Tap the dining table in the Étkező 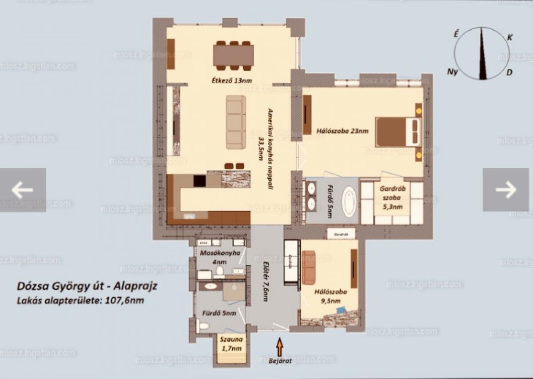[234, 55]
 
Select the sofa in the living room [235, 122]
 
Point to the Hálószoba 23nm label [342, 131]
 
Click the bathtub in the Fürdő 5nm [349, 202]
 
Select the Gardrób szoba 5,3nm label [392, 197]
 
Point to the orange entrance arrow [280, 347]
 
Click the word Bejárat [280, 361]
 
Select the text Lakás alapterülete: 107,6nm [80, 300]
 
